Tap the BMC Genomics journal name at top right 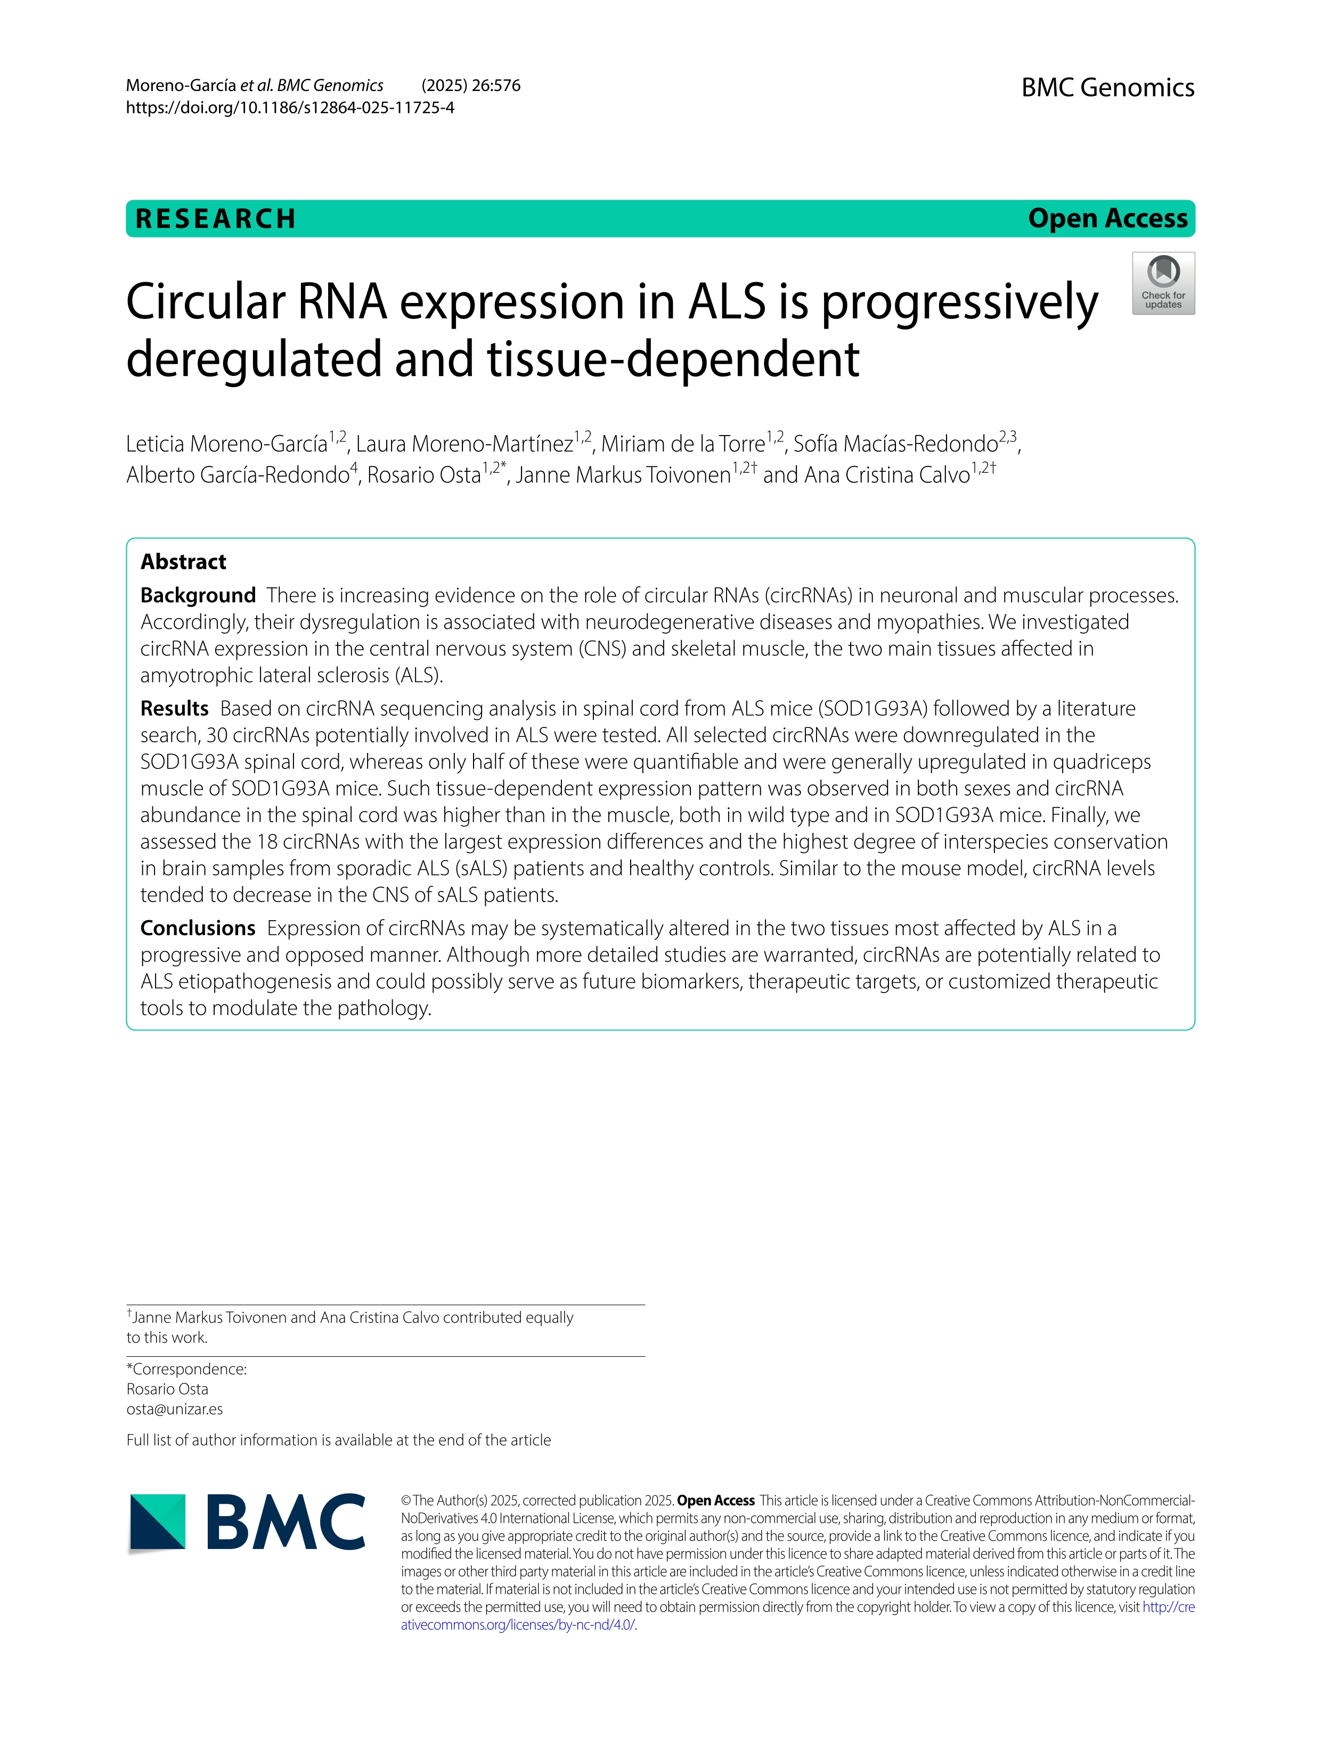coord(1107,87)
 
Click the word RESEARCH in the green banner coord(216,219)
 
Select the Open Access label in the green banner coord(1107,218)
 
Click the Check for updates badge coord(1163,283)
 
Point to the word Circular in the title coord(206,302)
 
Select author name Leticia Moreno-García coord(227,444)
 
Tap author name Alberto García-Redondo coord(237,476)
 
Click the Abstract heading coord(183,562)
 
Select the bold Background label coord(198,595)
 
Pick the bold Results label coord(174,709)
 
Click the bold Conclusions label coord(198,928)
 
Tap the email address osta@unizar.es coord(174,1408)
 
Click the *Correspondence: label coord(186,1369)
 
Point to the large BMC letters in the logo coord(285,1521)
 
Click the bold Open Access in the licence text coord(715,1500)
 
